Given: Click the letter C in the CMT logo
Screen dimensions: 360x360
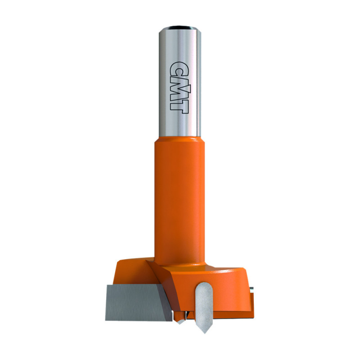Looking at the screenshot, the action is (179, 69).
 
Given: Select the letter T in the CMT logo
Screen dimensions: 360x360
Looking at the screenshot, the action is (179, 106).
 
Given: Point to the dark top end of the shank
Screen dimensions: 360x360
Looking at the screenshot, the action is (180, 28).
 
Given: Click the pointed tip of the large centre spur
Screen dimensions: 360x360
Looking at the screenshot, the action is (204, 333).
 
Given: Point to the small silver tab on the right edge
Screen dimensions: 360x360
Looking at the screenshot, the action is (252, 290).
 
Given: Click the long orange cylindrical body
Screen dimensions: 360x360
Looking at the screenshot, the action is (180, 202).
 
